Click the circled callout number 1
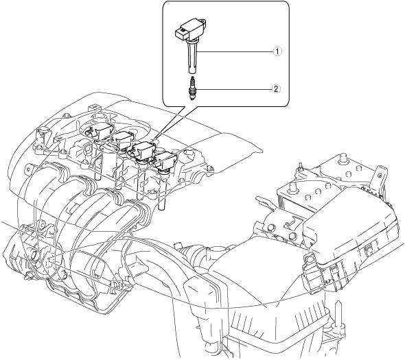point(277,51)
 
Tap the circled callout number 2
point(276,89)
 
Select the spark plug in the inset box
point(192,88)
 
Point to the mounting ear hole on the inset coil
point(204,20)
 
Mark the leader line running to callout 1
point(235,51)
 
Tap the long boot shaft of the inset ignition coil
point(192,58)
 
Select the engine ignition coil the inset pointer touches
point(143,150)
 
